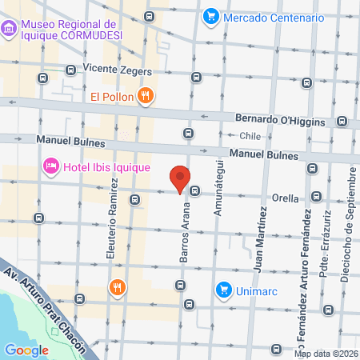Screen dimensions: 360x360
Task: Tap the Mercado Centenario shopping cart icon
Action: (211, 16)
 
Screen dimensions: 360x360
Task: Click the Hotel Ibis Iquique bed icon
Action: (50, 166)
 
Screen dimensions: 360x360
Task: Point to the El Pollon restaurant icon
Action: (145, 97)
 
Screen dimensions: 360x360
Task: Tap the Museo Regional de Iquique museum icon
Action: (10, 30)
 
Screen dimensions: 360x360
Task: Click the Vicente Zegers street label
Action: (117, 70)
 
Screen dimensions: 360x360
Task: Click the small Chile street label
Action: (250, 136)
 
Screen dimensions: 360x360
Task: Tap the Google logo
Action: (27, 350)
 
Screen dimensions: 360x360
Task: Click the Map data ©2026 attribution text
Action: (325, 354)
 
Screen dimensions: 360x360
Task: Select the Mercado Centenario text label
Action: (274, 17)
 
